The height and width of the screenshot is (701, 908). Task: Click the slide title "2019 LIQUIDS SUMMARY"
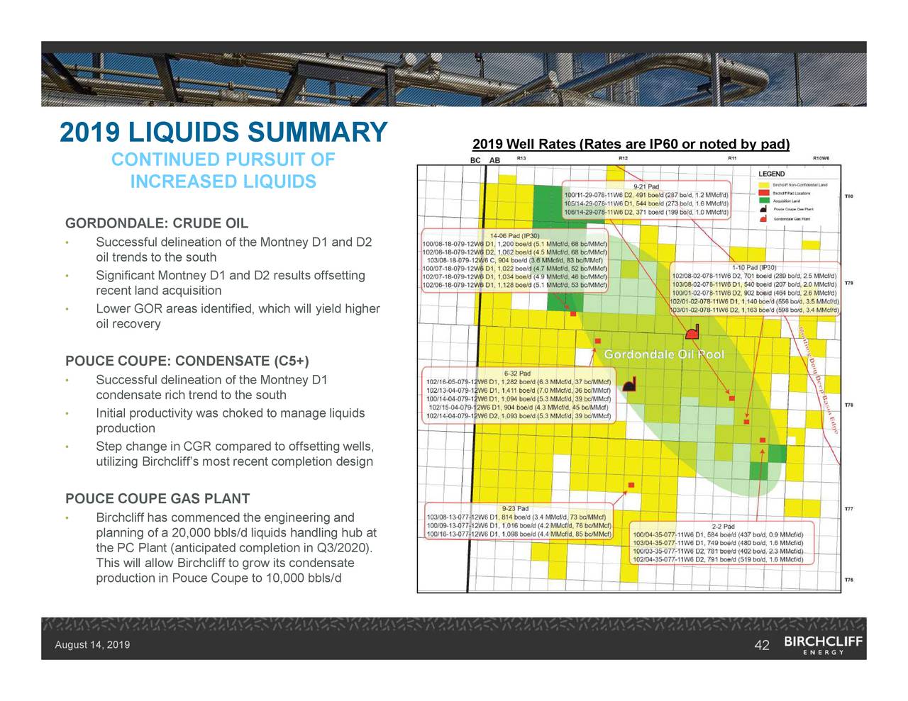223,133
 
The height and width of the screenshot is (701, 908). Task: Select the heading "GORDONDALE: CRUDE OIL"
157,224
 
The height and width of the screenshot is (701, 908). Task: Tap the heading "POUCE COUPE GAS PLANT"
157,499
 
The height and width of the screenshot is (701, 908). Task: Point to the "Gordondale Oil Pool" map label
664,354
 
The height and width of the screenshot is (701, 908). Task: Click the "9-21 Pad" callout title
646,187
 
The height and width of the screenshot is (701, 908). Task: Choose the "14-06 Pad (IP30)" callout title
514,235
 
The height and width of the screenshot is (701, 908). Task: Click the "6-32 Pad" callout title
517,374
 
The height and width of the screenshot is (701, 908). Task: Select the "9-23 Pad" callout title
514,508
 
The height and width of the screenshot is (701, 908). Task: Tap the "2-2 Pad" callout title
723,527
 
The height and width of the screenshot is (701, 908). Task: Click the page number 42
762,645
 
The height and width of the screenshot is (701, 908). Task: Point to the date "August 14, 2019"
92,645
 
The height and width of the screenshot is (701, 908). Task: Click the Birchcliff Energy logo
823,645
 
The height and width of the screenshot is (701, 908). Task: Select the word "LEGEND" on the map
771,174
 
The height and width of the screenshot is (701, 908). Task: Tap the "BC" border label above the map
476,160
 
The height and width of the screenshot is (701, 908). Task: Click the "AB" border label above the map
494,160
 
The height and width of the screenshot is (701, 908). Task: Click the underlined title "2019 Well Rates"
524,145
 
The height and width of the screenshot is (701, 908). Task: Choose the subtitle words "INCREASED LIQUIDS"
223,182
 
